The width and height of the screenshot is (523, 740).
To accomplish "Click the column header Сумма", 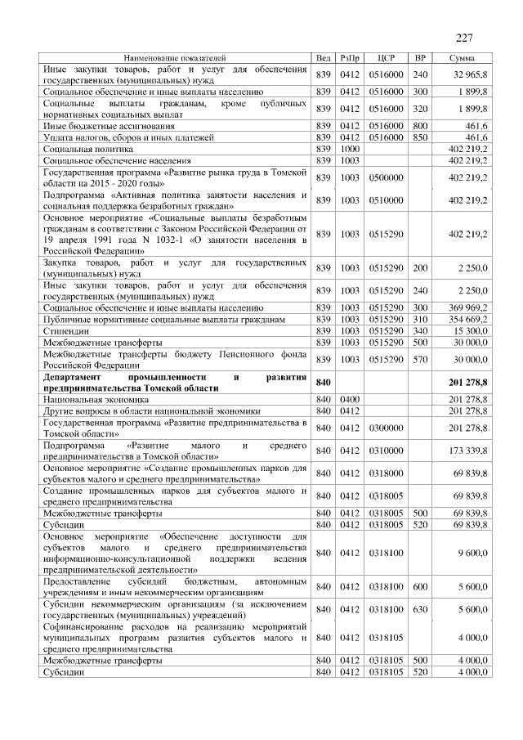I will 463,59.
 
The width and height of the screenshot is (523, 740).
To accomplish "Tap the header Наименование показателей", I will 174,59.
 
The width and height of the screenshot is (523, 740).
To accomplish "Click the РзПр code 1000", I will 351,150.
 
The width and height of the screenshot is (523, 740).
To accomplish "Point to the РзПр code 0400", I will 351,399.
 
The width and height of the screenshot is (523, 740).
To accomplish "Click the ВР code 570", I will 421,359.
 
